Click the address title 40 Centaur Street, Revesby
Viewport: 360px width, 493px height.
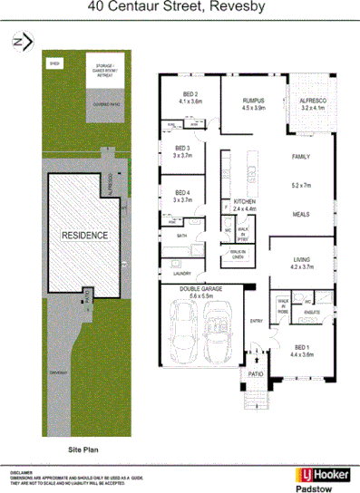(180, 7)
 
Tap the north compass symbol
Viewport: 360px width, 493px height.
(21, 41)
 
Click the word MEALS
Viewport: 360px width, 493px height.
(300, 215)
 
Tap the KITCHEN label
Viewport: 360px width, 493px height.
(246, 201)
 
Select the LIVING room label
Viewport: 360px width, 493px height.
(300, 262)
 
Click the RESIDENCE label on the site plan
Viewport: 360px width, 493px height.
(84, 236)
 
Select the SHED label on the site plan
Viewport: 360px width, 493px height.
(55, 65)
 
